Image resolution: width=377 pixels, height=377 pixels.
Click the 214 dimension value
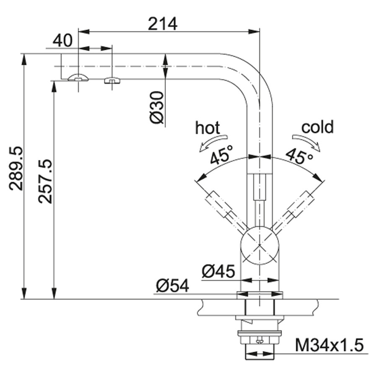click(163, 24)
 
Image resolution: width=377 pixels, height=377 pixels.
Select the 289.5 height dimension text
click(16, 169)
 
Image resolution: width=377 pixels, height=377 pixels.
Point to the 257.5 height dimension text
click(45, 181)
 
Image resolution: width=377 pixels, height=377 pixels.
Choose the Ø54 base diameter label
click(173, 286)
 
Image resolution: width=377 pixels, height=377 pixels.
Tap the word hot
click(207, 128)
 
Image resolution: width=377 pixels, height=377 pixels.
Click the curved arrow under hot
click(213, 143)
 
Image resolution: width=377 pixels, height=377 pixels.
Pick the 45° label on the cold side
click(300, 156)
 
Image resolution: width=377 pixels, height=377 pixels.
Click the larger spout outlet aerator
click(78, 77)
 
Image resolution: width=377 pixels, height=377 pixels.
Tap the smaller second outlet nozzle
click(112, 80)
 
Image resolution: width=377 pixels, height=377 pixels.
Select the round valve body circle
click(260, 245)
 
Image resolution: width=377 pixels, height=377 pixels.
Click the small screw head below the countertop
click(260, 340)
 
